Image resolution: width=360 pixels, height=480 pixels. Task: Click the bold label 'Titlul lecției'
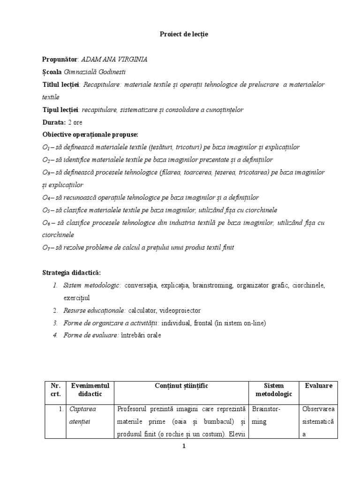coord(61,84)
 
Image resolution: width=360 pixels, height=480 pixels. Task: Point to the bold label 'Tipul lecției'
coord(61,110)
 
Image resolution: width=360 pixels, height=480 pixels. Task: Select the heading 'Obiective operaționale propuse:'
coord(90,135)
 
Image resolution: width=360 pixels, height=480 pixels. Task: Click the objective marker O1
coord(46,147)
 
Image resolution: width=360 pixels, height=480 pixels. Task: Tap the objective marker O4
coord(46,198)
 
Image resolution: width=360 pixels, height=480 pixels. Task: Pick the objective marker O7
coord(46,248)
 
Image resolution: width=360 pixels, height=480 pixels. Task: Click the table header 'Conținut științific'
coord(181,386)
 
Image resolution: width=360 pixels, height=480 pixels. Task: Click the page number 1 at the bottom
coord(184,446)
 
